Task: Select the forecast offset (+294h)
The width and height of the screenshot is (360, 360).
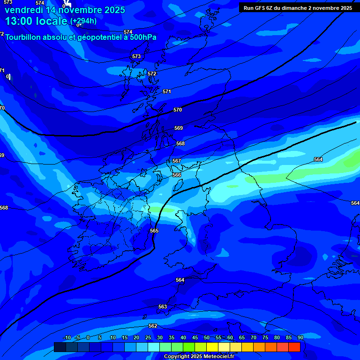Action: pos(83,21)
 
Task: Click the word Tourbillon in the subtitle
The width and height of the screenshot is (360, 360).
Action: pos(24,37)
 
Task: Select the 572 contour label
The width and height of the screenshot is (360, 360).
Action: pos(152,74)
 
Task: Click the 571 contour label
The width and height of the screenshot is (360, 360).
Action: pos(167,91)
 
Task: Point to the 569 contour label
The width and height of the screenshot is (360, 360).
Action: pos(179,128)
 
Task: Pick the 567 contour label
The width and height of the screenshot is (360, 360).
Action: pos(177,161)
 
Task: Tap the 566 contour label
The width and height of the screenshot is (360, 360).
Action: pos(177,175)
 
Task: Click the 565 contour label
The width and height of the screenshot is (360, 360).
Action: pos(154,231)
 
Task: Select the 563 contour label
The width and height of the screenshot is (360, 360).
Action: pos(163,307)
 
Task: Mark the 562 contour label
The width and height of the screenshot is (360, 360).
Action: pos(153,326)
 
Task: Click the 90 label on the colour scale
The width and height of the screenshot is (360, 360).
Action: pos(300,337)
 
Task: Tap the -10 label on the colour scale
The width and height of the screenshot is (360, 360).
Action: pos(67,337)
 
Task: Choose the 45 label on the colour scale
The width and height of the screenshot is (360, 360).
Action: pos(195,337)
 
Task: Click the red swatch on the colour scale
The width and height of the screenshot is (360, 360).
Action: pos(294,347)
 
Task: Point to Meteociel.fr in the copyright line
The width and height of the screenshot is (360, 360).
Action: pos(219,357)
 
